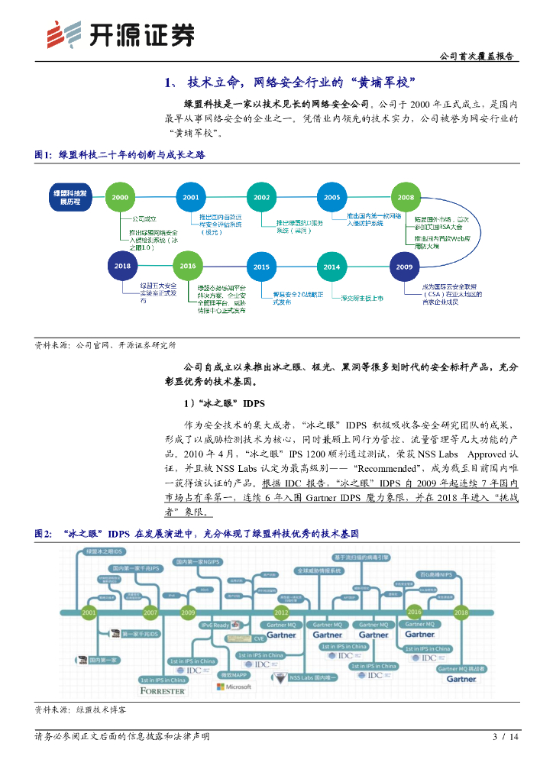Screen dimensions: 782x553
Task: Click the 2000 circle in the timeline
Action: pos(120,197)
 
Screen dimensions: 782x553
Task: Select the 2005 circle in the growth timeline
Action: pos(331,197)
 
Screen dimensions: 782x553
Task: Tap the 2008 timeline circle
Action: pos(406,197)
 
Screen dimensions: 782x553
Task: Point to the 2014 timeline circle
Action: pos(331,267)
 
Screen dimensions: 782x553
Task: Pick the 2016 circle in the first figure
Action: pos(188,266)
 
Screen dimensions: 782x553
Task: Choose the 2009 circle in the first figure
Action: pos(405,267)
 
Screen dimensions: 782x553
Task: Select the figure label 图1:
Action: pos(44,155)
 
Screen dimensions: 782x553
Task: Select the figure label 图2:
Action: pos(44,534)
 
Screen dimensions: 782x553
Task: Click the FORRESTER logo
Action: pos(163,690)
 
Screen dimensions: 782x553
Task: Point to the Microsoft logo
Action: pos(234,687)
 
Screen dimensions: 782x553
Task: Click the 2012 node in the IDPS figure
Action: pos(281,612)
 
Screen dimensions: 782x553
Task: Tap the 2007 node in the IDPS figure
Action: pos(150,612)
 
